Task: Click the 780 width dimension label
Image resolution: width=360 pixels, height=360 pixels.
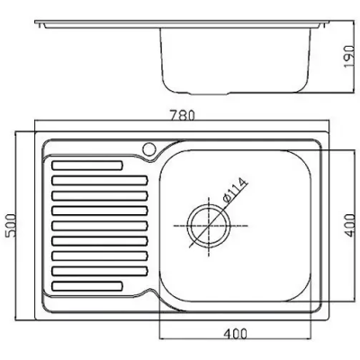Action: coord(182,115)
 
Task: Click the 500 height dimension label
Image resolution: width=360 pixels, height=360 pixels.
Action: coord(10,226)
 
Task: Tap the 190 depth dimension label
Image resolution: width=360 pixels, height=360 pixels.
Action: coord(349,57)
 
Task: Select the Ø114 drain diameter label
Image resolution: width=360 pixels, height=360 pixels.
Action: coord(234,191)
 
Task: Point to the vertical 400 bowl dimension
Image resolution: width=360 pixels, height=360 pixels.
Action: coord(349,225)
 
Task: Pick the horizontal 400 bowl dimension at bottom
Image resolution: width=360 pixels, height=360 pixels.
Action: coord(235,333)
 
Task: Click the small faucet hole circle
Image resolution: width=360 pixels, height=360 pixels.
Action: coord(148,148)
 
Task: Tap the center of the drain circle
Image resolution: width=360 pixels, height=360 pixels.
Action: coord(209,226)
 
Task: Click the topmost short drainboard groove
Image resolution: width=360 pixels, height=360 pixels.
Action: coord(87,166)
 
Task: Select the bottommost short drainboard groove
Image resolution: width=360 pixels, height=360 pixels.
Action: coord(87,286)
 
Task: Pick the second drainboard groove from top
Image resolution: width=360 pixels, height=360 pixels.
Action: coord(100,180)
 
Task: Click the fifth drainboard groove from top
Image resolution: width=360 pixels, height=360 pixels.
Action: coord(100,226)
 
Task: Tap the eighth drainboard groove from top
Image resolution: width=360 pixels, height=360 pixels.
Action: coord(100,271)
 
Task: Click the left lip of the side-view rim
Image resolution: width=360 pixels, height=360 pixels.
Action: coord(40,24)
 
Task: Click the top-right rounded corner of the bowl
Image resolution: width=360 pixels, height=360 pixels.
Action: coord(303,158)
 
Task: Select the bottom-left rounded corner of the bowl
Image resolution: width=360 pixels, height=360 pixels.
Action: coord(166,294)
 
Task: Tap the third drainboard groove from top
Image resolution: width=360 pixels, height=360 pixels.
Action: coord(100,195)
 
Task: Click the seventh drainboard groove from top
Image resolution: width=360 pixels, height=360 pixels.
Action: coord(100,256)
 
